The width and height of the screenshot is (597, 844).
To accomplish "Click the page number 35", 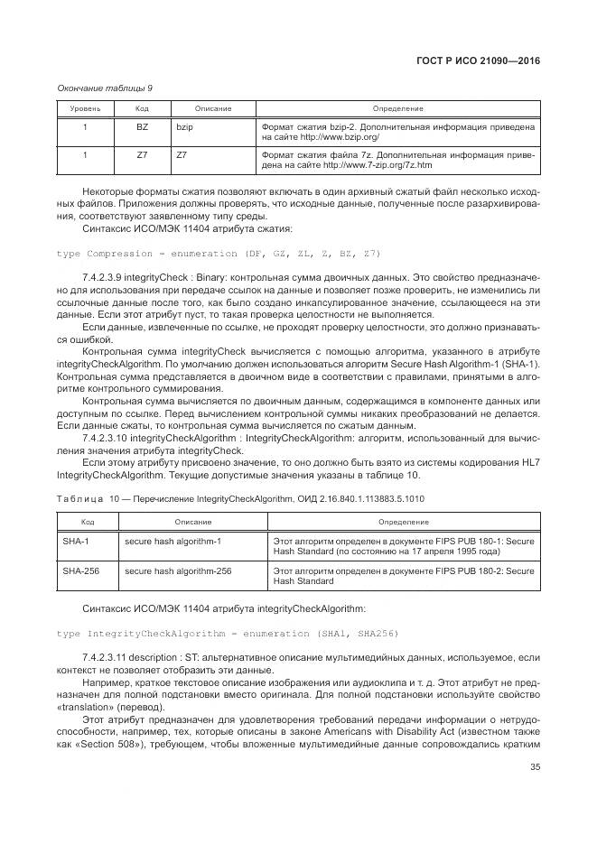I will [x=534, y=768].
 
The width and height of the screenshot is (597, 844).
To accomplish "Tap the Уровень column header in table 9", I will [x=86, y=108].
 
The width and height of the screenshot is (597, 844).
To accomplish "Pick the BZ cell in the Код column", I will [x=142, y=127].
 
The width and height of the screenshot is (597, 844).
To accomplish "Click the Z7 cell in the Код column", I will [x=142, y=155].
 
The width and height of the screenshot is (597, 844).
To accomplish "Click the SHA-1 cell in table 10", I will [x=75, y=541].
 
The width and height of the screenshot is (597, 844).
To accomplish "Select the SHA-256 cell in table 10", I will [x=79, y=570].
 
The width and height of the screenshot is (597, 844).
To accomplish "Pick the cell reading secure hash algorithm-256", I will [x=178, y=570].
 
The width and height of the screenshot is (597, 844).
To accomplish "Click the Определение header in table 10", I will [x=404, y=522].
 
